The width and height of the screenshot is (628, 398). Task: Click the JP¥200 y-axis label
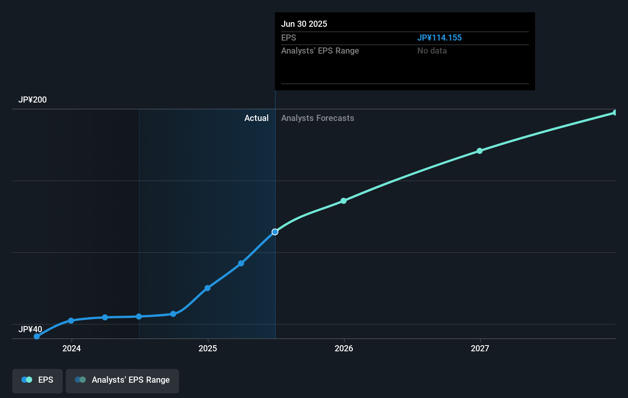click(x=33, y=100)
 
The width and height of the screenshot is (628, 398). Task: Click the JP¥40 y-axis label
click(x=30, y=329)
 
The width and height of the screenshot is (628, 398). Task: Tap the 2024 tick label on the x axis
click(x=72, y=348)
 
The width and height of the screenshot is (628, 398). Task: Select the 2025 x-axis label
click(x=208, y=348)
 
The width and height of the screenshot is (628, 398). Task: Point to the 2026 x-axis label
click(x=344, y=348)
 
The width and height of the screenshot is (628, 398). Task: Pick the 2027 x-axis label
click(x=480, y=348)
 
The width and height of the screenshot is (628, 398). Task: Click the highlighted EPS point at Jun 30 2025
click(x=275, y=232)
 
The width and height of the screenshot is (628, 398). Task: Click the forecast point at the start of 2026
click(x=343, y=201)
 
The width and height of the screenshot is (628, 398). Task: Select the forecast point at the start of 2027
click(x=480, y=151)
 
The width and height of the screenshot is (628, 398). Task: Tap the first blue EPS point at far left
click(x=37, y=336)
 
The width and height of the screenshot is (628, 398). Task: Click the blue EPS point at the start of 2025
click(x=207, y=288)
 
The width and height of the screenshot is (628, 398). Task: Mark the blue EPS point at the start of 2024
click(x=71, y=321)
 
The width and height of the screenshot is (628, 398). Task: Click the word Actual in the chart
click(x=256, y=118)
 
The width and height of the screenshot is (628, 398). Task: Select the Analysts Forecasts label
click(x=317, y=118)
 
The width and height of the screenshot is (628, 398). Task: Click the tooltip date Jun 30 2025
click(x=304, y=24)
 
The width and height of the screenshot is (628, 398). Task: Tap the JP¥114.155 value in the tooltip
click(x=439, y=38)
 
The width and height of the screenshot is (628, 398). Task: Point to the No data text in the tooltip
click(x=432, y=51)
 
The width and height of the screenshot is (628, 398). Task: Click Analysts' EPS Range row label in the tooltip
click(x=320, y=51)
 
